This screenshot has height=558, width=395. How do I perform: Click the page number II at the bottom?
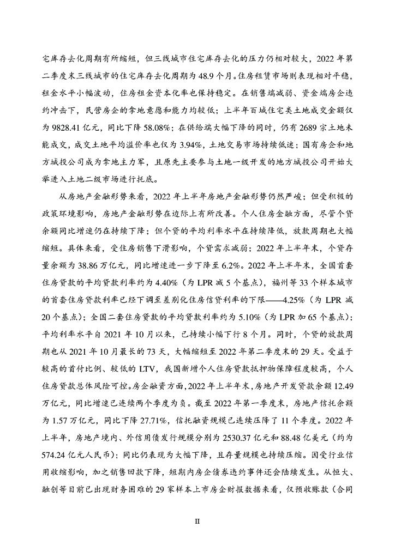[197, 521]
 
